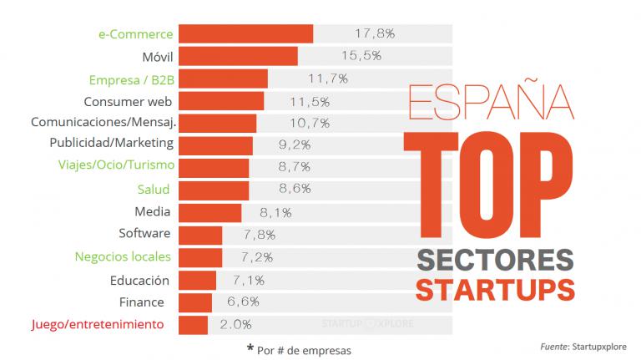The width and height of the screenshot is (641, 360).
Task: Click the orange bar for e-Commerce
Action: [x=246, y=33]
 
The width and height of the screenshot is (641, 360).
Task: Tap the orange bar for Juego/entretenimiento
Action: [x=193, y=324]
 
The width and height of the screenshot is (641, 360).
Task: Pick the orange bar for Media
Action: [x=210, y=212]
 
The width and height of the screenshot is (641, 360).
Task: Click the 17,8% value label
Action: [x=375, y=33]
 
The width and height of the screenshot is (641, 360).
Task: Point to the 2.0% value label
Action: [x=235, y=324]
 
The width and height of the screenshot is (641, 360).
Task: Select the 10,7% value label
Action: [x=309, y=123]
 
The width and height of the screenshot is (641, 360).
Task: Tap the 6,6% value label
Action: [x=242, y=302]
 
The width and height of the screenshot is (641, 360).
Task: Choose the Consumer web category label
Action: [x=128, y=102]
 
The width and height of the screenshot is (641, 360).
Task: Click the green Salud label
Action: [x=154, y=190]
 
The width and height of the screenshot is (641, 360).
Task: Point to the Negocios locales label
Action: [x=123, y=256]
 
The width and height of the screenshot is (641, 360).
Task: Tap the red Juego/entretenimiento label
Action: [x=97, y=324]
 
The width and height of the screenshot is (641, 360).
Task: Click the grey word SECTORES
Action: [x=494, y=260]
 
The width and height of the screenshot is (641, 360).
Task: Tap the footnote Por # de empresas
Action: [x=299, y=350]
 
